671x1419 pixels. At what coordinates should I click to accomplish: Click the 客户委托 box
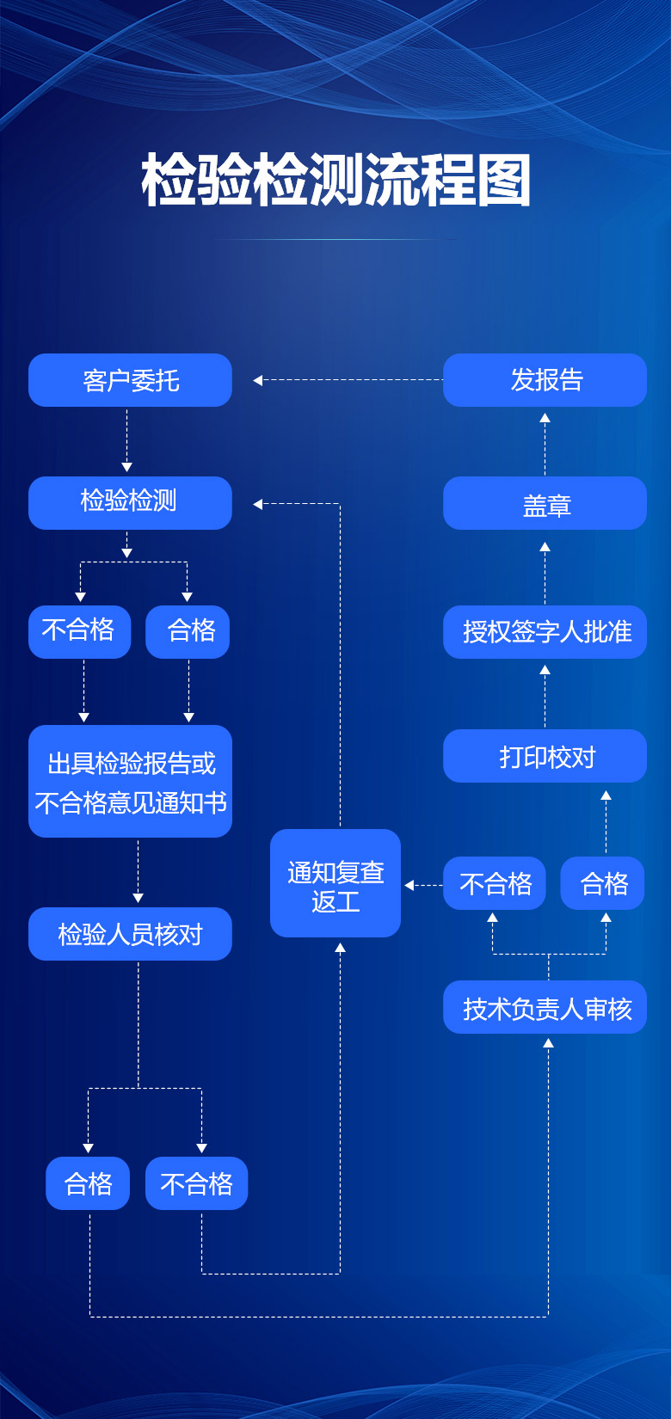pos(130,380)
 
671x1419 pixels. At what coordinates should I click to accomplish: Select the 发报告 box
pos(545,380)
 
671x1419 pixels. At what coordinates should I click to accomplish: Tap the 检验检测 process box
pos(130,502)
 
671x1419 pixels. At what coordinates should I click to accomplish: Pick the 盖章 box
pos(545,503)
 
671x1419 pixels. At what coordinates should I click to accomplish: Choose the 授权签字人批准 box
pos(545,632)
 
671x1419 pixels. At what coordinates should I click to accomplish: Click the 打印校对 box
pos(545,756)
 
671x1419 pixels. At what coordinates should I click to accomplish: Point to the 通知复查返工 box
pos(335,883)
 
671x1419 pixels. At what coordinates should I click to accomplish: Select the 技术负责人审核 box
pos(545,1007)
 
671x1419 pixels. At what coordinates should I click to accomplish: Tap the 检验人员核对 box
pos(130,934)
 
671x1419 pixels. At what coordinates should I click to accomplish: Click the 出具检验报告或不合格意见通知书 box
pos(130,781)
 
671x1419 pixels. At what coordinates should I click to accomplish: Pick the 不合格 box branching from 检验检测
pos(79,632)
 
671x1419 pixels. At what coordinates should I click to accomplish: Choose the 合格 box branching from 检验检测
pos(188,632)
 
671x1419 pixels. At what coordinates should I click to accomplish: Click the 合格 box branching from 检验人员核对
pos(88,1183)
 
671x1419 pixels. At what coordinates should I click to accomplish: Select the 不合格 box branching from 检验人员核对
pos(196,1183)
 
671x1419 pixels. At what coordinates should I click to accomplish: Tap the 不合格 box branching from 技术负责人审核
pos(495,883)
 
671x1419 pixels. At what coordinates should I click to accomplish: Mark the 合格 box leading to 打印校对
pos(602,883)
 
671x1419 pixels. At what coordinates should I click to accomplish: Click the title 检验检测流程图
pos(335,181)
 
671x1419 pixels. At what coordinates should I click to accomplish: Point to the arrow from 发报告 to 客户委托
pos(348,380)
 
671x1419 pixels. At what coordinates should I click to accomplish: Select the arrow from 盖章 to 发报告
pos(545,443)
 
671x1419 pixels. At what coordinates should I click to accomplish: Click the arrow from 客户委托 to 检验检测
pos(127,440)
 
